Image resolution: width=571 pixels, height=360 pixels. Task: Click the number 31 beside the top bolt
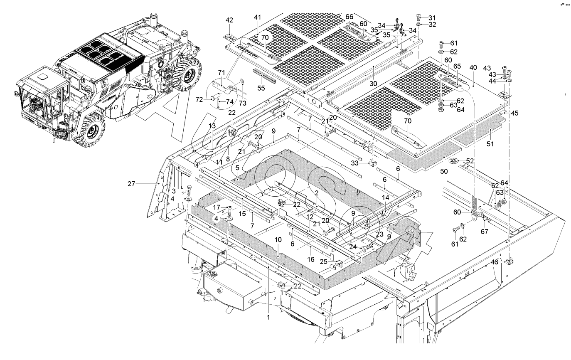433,17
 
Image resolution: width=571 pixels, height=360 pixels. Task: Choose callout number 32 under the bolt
433,25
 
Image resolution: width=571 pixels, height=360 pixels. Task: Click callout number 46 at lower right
495,262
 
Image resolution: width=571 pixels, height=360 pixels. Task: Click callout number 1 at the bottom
269,317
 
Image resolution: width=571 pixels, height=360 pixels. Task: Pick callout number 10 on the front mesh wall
278,240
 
